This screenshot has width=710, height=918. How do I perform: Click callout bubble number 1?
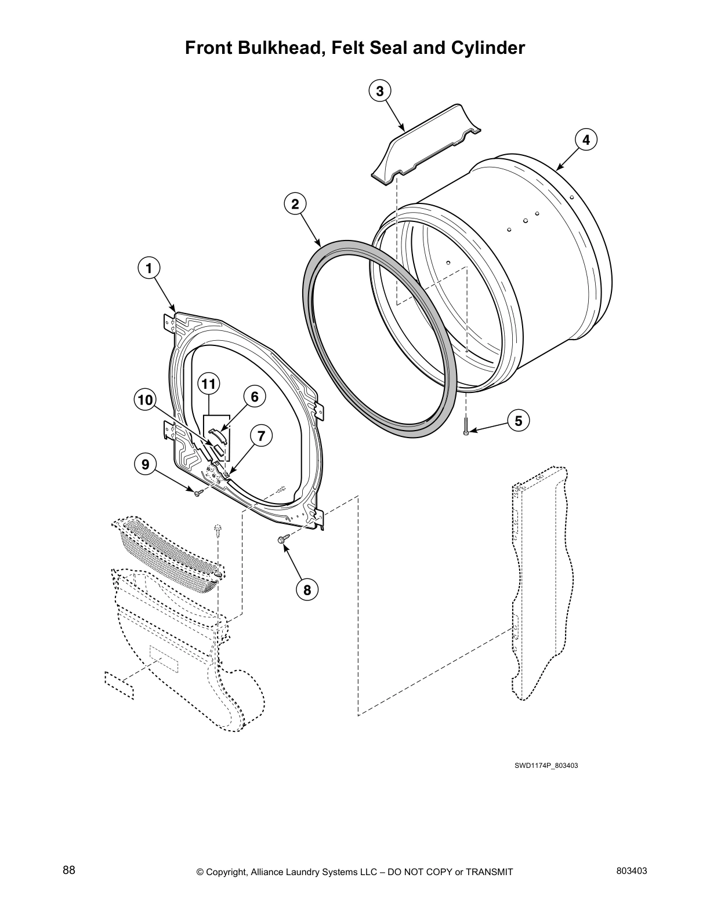pyautogui.click(x=149, y=268)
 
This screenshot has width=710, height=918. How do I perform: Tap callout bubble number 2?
pyautogui.click(x=295, y=203)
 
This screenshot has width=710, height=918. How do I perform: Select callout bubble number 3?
pyautogui.click(x=379, y=91)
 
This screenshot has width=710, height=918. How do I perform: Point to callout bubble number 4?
pyautogui.click(x=586, y=140)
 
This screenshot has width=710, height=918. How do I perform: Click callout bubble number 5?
pyautogui.click(x=519, y=421)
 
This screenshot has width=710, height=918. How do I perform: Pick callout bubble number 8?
pyautogui.click(x=307, y=590)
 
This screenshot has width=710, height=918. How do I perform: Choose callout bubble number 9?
pyautogui.click(x=146, y=464)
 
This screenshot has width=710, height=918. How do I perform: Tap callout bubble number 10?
pyautogui.click(x=145, y=400)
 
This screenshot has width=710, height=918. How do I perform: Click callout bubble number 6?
pyautogui.click(x=254, y=396)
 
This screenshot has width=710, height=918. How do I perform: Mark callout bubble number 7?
pyautogui.click(x=262, y=435)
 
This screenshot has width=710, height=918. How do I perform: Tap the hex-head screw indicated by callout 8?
pyautogui.click(x=282, y=540)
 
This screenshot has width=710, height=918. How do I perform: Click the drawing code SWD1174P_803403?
pyautogui.click(x=546, y=766)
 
